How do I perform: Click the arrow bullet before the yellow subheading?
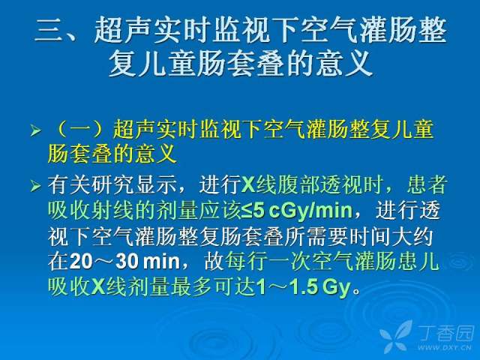(x=35, y=131)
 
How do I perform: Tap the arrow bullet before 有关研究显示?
(x=35, y=185)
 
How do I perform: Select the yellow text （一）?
(x=80, y=130)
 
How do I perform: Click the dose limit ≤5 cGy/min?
(x=297, y=211)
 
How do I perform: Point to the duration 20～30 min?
(x=124, y=262)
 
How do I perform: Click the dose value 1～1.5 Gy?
(x=304, y=287)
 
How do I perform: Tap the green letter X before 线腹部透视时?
(x=248, y=185)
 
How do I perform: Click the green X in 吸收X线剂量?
(x=98, y=287)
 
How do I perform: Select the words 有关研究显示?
(x=112, y=184)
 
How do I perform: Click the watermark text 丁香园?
(x=447, y=333)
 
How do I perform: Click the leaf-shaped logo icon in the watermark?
(x=397, y=336)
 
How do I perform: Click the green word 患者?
(x=427, y=184)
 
